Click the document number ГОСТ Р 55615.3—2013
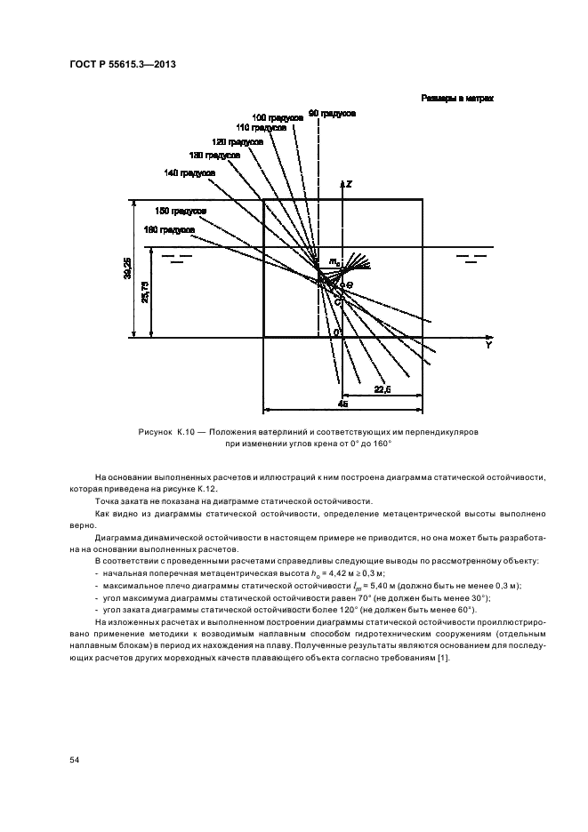pyautogui.click(x=122, y=65)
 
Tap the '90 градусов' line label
pyautogui.click(x=333, y=114)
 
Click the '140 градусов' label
pyautogui.click(x=189, y=172)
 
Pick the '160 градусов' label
pyautogui.click(x=169, y=229)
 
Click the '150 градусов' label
pyautogui.click(x=181, y=211)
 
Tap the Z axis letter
pyautogui.click(x=350, y=184)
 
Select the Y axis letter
pyautogui.click(x=487, y=346)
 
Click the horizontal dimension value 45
pyautogui.click(x=343, y=404)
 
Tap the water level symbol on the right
pyautogui.click(x=470, y=259)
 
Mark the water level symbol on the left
pyautogui.click(x=182, y=259)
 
